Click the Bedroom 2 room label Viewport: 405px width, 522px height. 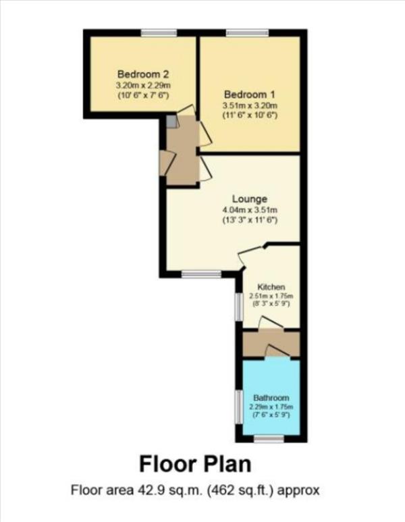tap(142, 74)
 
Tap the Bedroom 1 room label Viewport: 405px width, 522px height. tap(250, 94)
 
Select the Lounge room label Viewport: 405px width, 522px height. tap(250, 199)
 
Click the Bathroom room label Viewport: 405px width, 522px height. tap(271, 397)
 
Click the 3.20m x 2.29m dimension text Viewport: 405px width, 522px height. tap(142, 85)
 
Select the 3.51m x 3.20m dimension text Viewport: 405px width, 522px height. tap(250, 105)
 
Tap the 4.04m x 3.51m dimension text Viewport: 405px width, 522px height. tap(250, 210)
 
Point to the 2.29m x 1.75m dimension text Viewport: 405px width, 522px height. tap(271, 407)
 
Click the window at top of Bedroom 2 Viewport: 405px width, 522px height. tap(159, 32)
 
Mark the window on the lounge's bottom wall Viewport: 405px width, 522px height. tap(201, 274)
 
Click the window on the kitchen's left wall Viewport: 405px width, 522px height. tap(238, 307)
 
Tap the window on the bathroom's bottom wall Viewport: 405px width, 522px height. tap(269, 439)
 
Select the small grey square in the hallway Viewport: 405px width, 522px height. tap(172, 122)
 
